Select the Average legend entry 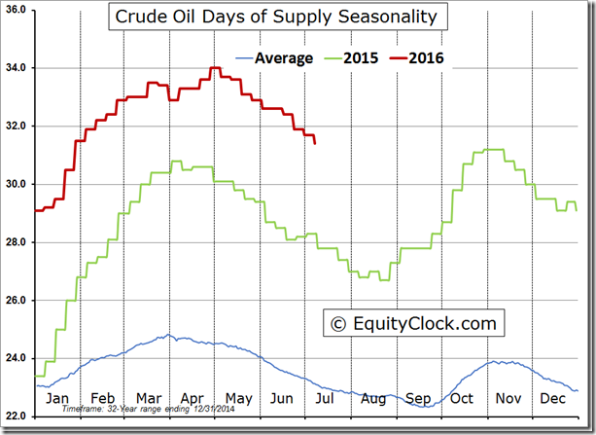pos(283,58)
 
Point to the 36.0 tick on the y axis pos(18,11)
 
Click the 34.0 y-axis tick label pos(18,68)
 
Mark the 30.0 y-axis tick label pos(18,185)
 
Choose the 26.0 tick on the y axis pos(18,301)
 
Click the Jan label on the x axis pos(57,399)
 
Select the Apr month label pos(193,399)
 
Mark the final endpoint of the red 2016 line pos(314,143)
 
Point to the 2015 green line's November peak pos(492,150)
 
